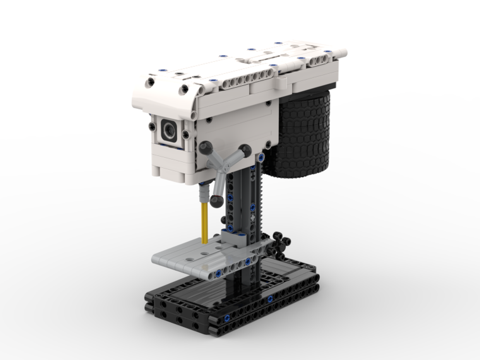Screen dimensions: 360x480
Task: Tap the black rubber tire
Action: (x=302, y=137)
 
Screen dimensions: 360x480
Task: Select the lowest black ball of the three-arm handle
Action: (x=216, y=200)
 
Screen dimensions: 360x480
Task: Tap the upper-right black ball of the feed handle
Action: (x=245, y=151)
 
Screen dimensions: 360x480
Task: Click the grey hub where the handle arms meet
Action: (x=222, y=168)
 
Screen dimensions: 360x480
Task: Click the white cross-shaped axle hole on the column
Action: (x=251, y=220)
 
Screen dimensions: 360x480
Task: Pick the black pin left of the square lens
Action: (x=152, y=127)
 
